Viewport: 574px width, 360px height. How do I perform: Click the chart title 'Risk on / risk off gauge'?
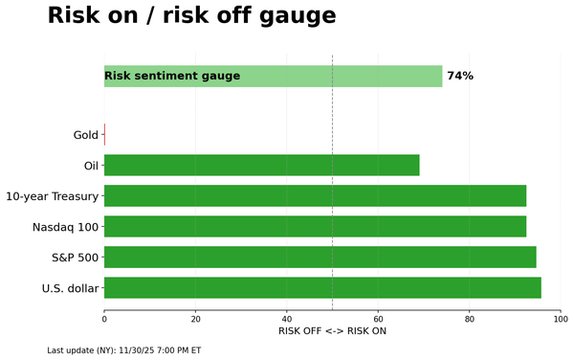(x=191, y=16)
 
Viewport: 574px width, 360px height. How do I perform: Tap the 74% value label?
(x=460, y=76)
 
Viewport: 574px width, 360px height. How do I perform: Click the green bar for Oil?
(x=261, y=166)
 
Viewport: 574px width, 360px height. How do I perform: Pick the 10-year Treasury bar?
(x=315, y=196)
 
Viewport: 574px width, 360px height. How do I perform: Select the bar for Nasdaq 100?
(x=315, y=227)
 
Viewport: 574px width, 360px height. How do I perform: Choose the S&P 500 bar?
(x=320, y=257)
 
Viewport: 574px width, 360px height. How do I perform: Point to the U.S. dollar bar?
(x=322, y=287)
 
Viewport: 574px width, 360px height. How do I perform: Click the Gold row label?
(x=86, y=135)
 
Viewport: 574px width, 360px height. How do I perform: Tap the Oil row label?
(x=92, y=166)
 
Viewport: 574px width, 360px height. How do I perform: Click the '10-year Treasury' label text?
(x=52, y=196)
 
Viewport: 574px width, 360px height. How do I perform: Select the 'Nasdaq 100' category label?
(x=65, y=227)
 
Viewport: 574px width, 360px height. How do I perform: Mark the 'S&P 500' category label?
(x=75, y=258)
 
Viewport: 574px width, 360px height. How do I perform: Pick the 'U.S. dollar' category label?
(x=70, y=288)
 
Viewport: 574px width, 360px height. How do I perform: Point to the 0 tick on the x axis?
(x=104, y=318)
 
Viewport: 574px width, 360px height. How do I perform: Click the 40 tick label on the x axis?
(x=287, y=318)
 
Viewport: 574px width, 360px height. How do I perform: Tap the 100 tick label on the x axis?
(x=561, y=318)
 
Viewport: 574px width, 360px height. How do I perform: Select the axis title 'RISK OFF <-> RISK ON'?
(x=332, y=331)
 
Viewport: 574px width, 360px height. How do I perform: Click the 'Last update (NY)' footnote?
(x=123, y=350)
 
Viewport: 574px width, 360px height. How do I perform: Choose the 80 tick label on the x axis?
(x=470, y=318)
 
